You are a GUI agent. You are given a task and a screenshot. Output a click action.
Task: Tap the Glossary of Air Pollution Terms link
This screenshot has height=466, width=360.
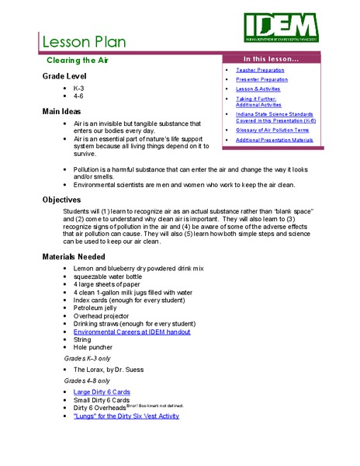[x=275, y=130]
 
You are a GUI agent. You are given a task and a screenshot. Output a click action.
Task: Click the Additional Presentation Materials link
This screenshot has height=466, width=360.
[x=275, y=140]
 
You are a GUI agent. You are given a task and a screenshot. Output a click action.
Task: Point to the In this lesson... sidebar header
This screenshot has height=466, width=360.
[x=272, y=59]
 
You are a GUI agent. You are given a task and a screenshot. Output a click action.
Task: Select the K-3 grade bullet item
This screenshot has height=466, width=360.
[x=79, y=89]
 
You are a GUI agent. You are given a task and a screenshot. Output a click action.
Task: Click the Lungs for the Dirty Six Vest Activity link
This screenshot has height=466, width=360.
[x=126, y=416]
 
